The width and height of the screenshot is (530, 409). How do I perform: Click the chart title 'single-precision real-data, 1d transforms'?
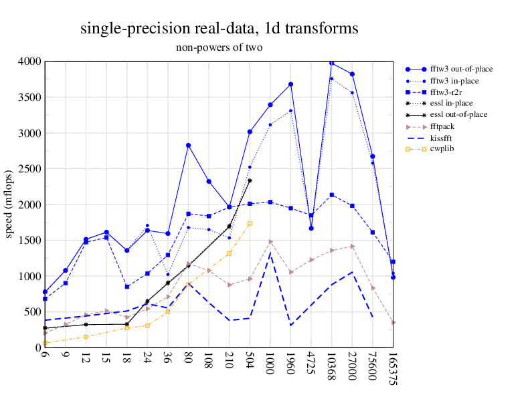click(x=219, y=29)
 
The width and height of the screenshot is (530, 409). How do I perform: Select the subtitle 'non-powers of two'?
click(x=219, y=47)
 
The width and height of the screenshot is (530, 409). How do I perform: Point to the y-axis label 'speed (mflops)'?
click(x=9, y=204)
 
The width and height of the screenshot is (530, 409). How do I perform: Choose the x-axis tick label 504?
click(x=250, y=361)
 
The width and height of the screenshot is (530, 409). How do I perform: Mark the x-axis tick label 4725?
click(x=311, y=364)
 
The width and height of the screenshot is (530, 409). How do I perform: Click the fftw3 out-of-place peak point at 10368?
click(x=331, y=63)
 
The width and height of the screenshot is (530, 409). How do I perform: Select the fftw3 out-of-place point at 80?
click(x=189, y=145)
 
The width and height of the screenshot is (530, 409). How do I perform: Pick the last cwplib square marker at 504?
click(x=250, y=224)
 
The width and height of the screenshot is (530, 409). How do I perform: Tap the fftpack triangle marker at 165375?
click(x=393, y=323)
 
